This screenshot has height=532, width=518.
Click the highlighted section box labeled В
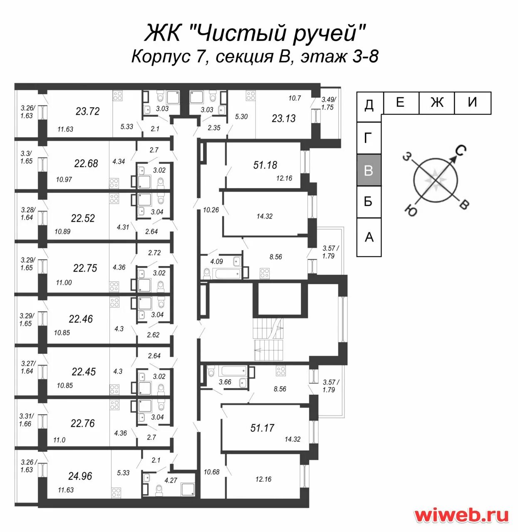(x=369, y=170)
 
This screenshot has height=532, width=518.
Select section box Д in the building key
(x=369, y=105)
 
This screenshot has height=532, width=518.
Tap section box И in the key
(x=472, y=102)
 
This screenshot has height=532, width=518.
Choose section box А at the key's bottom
(x=369, y=237)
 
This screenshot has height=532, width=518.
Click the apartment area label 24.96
(x=80, y=476)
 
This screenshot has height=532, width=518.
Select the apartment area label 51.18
(x=265, y=165)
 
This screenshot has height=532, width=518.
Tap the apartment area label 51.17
(x=262, y=428)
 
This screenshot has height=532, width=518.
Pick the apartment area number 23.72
(x=87, y=111)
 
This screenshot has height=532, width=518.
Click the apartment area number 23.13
(x=284, y=118)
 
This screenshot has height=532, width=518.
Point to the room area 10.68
(x=211, y=472)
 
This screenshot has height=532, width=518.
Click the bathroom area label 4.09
(x=216, y=262)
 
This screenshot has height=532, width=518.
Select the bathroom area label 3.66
(x=225, y=382)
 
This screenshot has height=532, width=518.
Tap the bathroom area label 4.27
(x=171, y=480)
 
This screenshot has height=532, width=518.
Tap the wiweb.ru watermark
(x=461, y=515)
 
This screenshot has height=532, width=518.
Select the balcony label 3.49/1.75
(x=328, y=103)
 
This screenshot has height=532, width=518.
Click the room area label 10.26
(x=211, y=210)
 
